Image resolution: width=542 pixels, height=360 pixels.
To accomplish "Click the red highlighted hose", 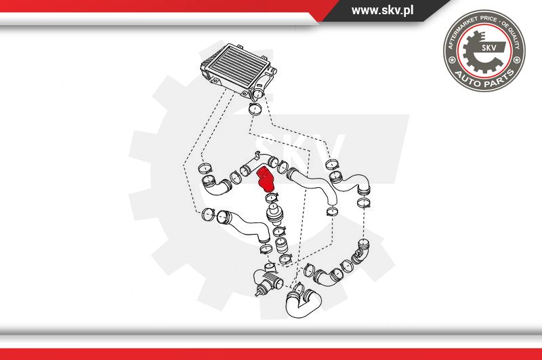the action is (x=266, y=180).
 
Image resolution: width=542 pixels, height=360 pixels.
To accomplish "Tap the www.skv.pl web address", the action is (x=382, y=10).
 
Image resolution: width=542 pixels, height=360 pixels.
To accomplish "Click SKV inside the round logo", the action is (x=488, y=47).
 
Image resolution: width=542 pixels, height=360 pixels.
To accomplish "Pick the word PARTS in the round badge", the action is (x=499, y=79).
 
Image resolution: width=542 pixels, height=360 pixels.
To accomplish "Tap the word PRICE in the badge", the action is (x=488, y=20).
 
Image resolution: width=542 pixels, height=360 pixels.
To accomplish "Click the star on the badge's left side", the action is (x=451, y=60).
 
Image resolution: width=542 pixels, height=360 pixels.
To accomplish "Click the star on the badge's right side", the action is (x=517, y=60).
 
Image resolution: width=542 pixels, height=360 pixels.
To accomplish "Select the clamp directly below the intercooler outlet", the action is (x=255, y=109).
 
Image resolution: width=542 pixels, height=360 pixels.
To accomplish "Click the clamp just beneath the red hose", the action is (x=272, y=199).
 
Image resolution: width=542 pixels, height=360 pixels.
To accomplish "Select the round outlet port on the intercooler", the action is (x=257, y=94).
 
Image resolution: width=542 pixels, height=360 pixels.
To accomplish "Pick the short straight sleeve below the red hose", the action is (x=281, y=245).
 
